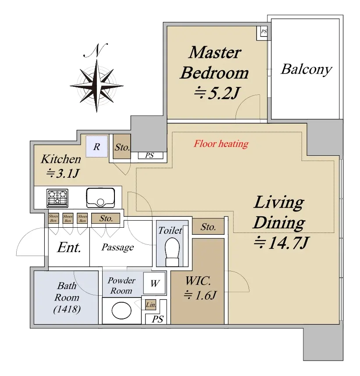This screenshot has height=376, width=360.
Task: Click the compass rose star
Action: (x=96, y=86)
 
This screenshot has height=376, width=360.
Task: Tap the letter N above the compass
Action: (x=96, y=51)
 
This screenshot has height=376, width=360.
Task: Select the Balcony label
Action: (x=307, y=70)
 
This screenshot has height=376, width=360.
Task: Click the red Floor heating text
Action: (x=221, y=144)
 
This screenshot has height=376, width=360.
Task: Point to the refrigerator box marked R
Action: (x=97, y=147)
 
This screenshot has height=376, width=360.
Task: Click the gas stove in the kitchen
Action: (x=57, y=198)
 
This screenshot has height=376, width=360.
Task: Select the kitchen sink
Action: (x=100, y=198)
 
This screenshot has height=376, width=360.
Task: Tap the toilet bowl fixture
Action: (x=172, y=252)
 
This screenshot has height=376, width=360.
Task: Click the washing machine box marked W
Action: (x=155, y=283)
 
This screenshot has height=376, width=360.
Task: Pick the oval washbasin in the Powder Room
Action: (x=121, y=311)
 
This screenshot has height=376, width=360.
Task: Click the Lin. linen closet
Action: (x=151, y=304)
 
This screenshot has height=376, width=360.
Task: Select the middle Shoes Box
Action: (x=68, y=218)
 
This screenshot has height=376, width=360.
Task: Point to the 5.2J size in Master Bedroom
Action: (x=217, y=93)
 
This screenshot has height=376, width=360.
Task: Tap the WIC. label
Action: (x=198, y=281)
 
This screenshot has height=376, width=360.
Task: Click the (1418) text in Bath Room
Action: (x=67, y=309)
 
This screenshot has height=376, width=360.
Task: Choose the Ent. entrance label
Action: (x=69, y=247)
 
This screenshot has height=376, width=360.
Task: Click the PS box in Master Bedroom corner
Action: (x=264, y=32)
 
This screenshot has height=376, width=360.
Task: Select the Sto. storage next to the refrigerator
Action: (x=122, y=147)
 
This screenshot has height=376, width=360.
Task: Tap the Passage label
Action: (x=118, y=247)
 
